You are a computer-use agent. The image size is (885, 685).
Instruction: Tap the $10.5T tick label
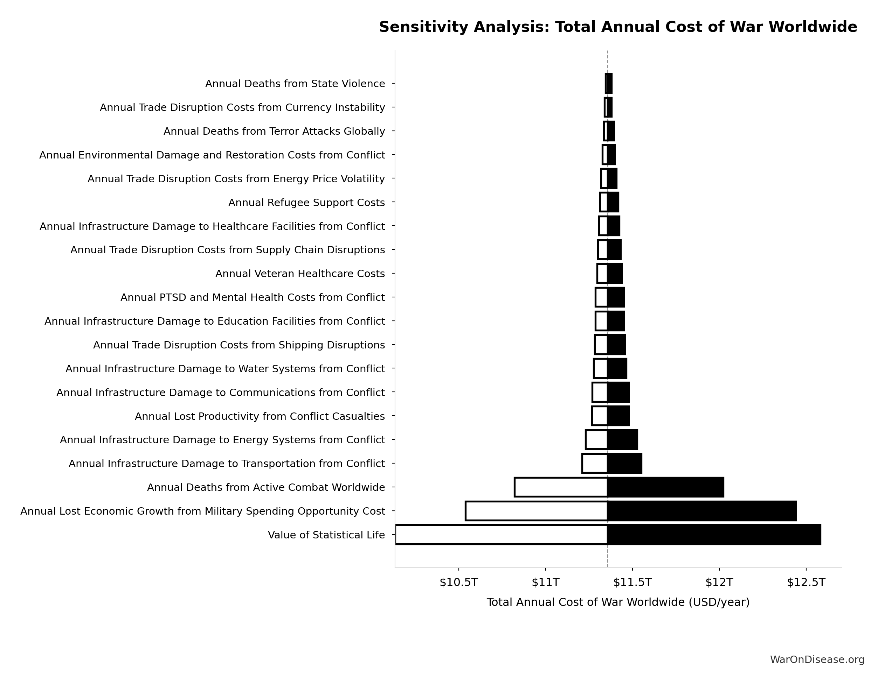tap(459, 582)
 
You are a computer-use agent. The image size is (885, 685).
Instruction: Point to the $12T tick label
tap(719, 582)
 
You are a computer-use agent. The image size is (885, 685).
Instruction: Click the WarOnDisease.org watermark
tap(817, 659)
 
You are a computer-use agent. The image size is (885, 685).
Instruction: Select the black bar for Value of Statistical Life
tap(714, 535)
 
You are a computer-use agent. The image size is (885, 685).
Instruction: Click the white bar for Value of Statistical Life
tap(501, 535)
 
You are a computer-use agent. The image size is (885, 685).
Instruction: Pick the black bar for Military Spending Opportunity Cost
tap(701, 511)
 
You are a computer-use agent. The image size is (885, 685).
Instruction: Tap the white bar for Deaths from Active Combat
tap(561, 487)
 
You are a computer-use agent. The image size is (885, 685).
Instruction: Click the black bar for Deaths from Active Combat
tap(665, 487)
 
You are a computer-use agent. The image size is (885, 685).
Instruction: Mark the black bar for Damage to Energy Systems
tap(622, 440)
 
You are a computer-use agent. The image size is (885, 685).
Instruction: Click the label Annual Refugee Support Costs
tap(306, 203)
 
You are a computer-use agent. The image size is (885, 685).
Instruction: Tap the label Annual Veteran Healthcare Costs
tap(300, 274)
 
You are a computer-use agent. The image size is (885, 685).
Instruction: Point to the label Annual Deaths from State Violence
tap(295, 84)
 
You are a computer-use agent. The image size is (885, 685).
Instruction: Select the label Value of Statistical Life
tap(326, 535)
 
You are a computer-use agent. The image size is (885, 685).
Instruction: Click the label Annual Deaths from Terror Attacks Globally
tap(274, 131)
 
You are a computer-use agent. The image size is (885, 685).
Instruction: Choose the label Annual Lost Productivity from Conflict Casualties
tap(260, 416)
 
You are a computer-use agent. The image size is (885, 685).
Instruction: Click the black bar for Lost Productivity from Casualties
tap(618, 416)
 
